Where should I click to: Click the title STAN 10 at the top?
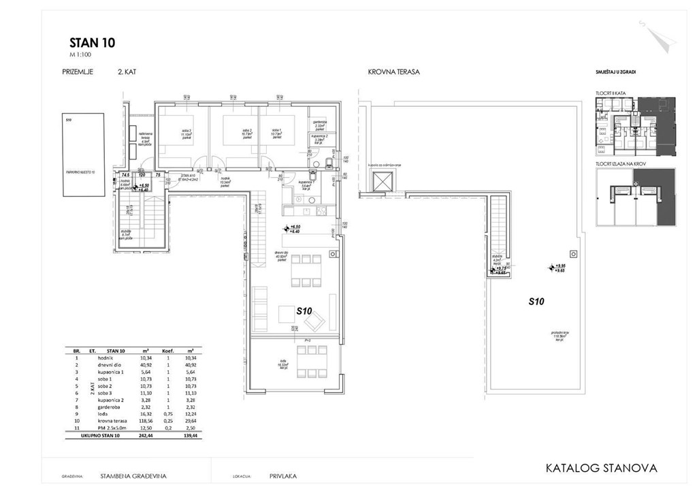pyautogui.click(x=92, y=42)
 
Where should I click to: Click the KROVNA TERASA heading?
pyautogui.click(x=393, y=71)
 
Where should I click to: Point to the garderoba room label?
pyautogui.click(x=319, y=123)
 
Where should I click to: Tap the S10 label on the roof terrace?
pyautogui.click(x=538, y=300)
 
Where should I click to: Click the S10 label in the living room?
pyautogui.click(x=304, y=310)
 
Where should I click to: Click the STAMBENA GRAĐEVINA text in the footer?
pyautogui.click(x=133, y=477)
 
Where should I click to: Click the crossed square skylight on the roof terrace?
pyautogui.click(x=383, y=182)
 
